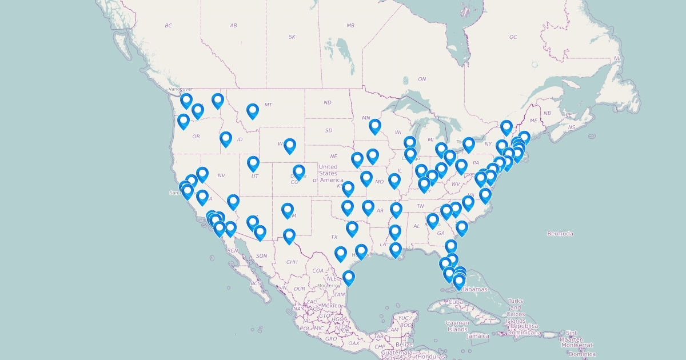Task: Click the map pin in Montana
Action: [x=253, y=111]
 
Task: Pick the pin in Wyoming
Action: [x=290, y=146]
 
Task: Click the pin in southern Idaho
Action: [x=226, y=139]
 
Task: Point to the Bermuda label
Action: [x=560, y=234]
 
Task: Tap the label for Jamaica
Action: [x=478, y=336]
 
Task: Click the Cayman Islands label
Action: [x=457, y=326]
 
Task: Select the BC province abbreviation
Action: [x=168, y=26]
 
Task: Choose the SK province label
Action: [x=292, y=37]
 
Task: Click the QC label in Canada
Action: [x=513, y=37]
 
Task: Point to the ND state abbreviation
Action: [x=327, y=103]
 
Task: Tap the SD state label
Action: [x=329, y=130]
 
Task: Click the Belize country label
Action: [x=404, y=345]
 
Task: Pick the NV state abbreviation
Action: [x=221, y=175]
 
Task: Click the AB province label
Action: [x=233, y=26]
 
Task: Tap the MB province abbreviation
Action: [x=350, y=26]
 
